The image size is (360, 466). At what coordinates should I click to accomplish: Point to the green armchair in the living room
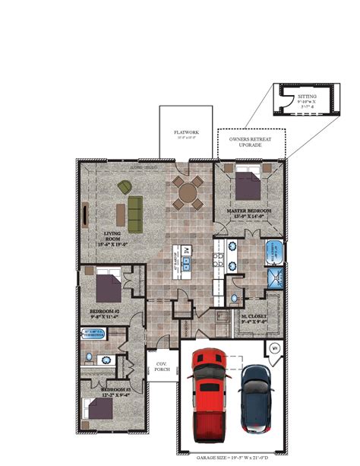click(x=123, y=187)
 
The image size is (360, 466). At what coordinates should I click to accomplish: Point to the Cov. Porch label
click(x=161, y=367)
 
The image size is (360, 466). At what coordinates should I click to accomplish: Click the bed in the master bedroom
click(x=248, y=185)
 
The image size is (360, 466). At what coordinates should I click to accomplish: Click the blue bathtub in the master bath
click(x=273, y=252)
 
